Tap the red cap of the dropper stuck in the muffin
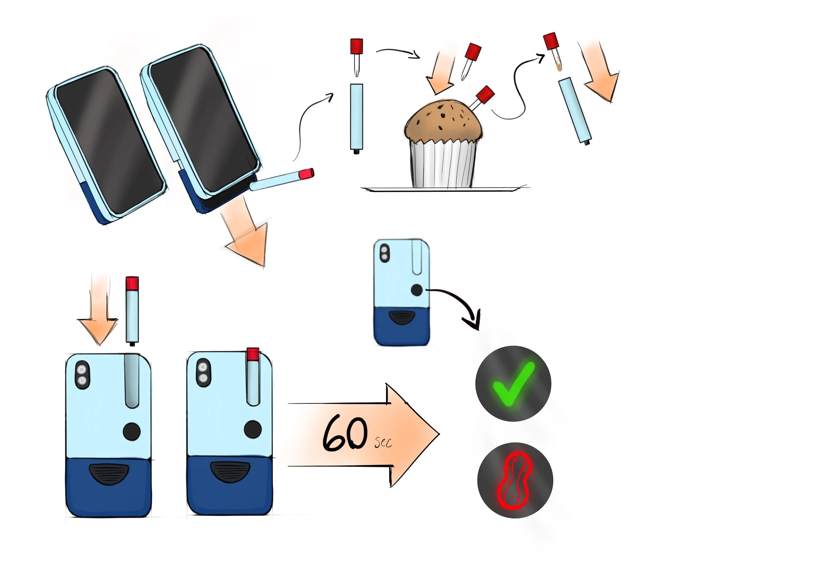(486, 94)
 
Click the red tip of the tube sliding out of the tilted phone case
(307, 173)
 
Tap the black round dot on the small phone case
(416, 290)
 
